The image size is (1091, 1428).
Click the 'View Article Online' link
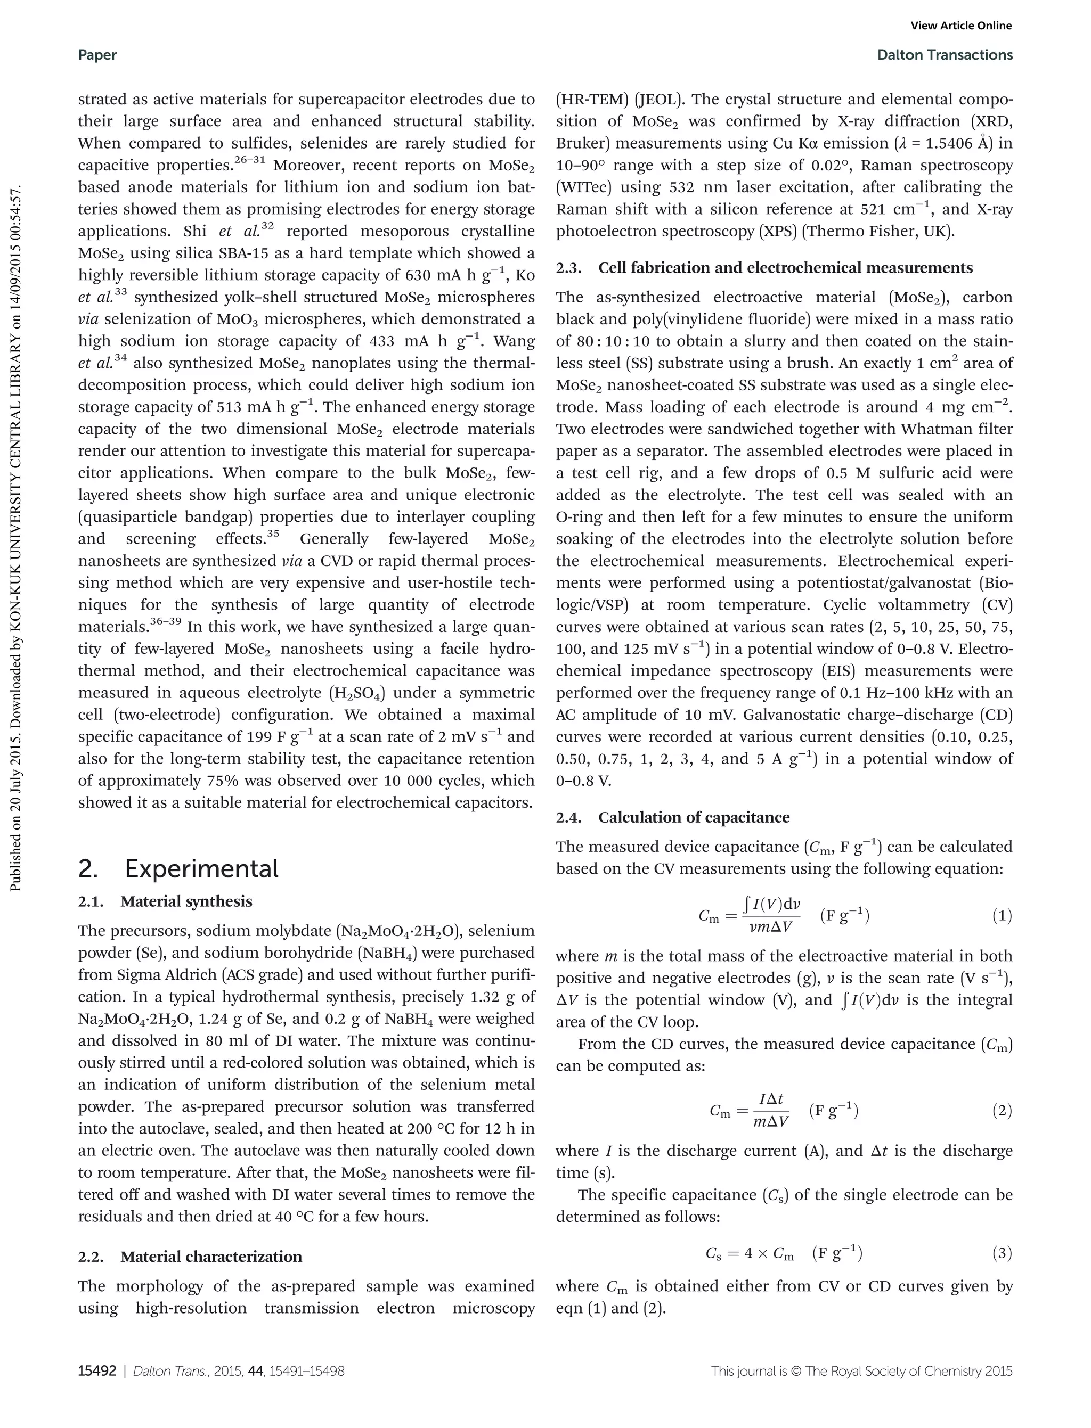[961, 26]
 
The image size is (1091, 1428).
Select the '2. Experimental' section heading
[178, 868]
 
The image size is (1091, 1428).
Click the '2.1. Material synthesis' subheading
[165, 901]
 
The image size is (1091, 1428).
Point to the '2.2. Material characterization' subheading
[190, 1257]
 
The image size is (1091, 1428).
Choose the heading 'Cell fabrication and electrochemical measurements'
[785, 268]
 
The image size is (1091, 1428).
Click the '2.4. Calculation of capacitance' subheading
[673, 817]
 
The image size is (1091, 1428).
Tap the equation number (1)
[1002, 916]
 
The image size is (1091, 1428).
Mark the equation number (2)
[1002, 1111]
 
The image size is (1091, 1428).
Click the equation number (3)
[1002, 1253]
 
